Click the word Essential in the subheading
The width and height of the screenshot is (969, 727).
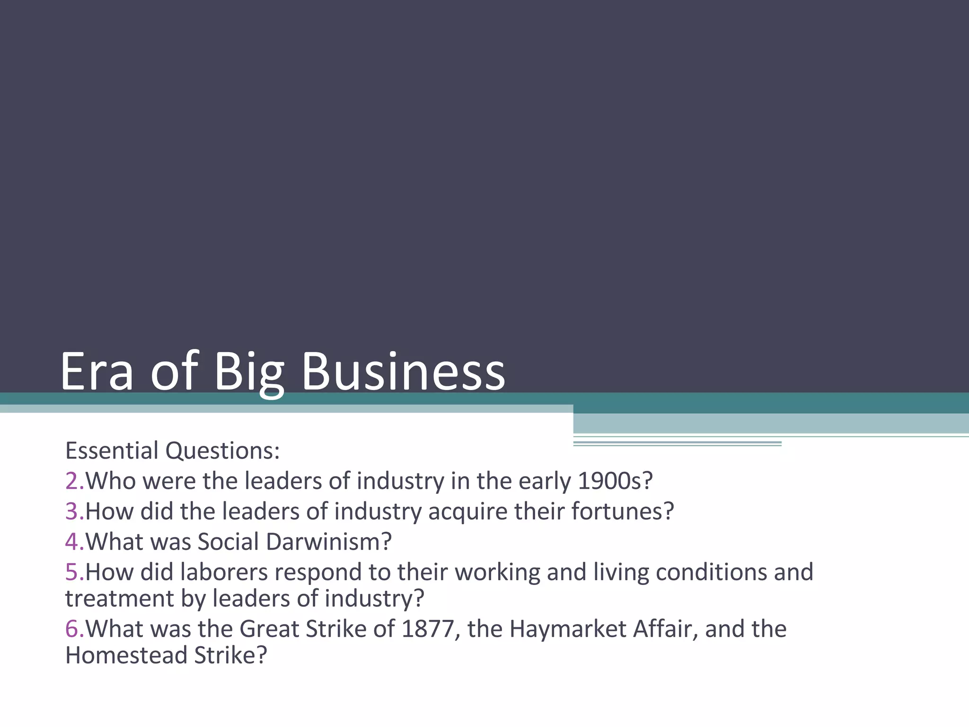tap(112, 451)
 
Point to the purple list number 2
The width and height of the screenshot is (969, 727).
tap(73, 481)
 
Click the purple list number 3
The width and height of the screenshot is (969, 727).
tap(73, 511)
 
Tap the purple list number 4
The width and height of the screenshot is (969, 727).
tap(73, 541)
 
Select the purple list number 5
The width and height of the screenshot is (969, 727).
tap(73, 572)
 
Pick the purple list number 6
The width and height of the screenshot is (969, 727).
tap(73, 629)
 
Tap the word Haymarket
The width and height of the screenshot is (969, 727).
tap(568, 629)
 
